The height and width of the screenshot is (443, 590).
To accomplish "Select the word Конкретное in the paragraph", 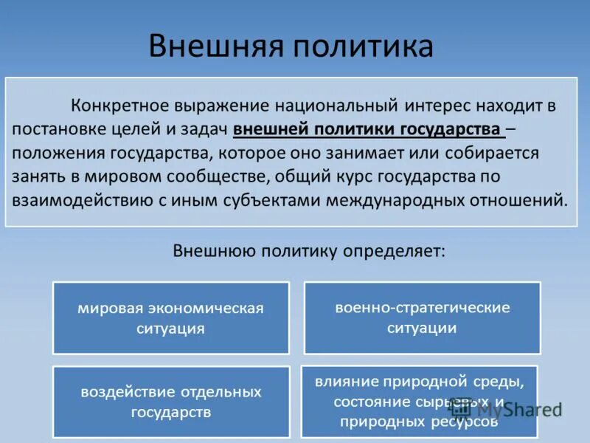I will click(x=119, y=105).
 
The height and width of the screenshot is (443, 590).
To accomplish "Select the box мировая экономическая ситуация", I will click(x=170, y=317).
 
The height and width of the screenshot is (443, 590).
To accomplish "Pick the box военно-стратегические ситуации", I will click(x=422, y=317).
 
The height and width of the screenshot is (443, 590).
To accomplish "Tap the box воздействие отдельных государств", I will click(x=170, y=402).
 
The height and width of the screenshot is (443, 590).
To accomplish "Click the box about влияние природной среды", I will click(x=419, y=402).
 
